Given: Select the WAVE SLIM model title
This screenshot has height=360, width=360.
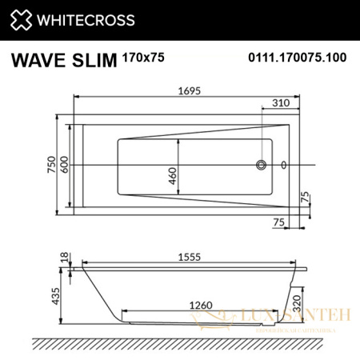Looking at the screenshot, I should (x=62, y=59).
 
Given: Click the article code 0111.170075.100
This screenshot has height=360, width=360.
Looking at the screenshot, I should (x=294, y=59).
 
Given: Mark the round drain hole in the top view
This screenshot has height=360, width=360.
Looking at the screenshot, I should (x=261, y=166).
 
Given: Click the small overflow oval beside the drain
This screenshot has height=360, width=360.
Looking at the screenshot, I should (x=283, y=166).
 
